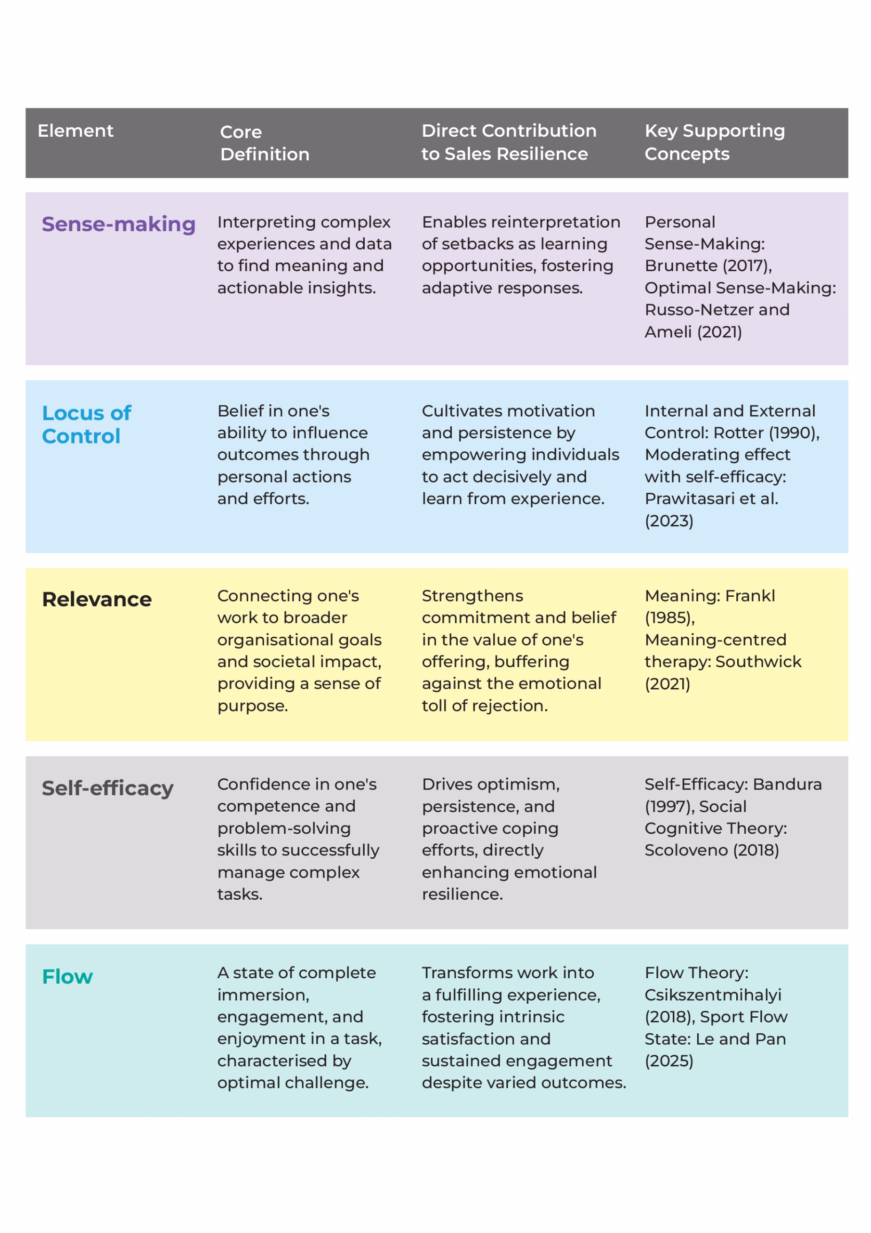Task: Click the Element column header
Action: point(75,131)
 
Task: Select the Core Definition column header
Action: point(264,143)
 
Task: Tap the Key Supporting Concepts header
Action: point(714,142)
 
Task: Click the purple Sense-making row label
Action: point(118,224)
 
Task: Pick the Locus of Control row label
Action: point(87,424)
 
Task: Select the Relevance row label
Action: point(97,599)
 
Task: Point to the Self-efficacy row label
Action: point(107,788)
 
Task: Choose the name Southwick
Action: point(758,662)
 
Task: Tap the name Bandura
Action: point(787,784)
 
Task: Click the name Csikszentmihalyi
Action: point(713,995)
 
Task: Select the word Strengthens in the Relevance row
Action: point(472,596)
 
